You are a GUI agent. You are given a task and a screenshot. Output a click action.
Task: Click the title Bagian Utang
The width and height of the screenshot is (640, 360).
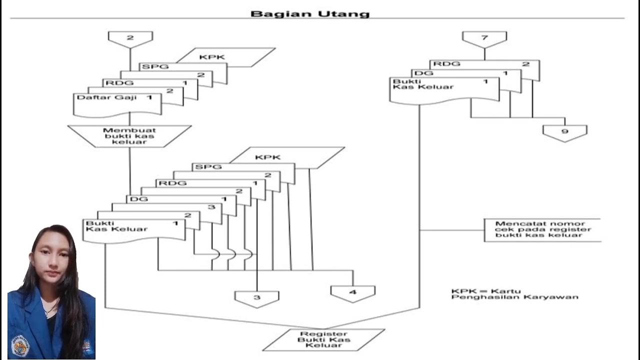310,13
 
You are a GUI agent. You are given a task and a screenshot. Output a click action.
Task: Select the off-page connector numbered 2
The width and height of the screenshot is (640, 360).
130,38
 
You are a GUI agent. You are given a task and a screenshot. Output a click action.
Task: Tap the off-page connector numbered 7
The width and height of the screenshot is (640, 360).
484,38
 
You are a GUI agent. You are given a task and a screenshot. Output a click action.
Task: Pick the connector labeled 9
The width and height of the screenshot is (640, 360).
564,132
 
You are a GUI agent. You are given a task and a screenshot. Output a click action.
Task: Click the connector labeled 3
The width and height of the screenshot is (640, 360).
256,297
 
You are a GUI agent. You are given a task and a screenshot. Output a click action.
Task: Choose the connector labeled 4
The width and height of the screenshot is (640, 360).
352,292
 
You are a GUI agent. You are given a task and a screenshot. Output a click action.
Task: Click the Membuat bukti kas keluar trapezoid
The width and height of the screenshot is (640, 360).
129,136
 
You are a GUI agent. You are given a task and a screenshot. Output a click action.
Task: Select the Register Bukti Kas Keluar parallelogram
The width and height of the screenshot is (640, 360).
323,339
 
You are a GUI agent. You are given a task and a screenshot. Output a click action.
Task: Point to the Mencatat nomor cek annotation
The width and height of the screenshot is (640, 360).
543,229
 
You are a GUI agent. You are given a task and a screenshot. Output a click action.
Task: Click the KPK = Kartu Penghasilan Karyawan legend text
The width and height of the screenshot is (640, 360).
514,294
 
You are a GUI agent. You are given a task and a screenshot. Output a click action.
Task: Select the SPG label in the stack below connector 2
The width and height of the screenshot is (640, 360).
154,66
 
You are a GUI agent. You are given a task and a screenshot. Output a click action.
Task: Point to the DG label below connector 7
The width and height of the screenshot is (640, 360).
423,73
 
